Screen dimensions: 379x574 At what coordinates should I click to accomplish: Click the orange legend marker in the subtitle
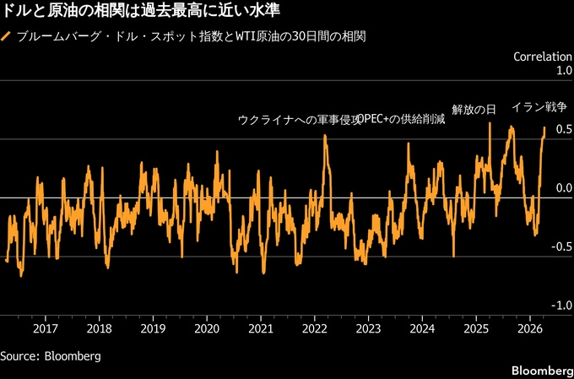tap(7, 37)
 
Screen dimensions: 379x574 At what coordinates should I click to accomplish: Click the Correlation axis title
tap(542, 57)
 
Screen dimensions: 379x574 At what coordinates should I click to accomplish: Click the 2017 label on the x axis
tap(46, 328)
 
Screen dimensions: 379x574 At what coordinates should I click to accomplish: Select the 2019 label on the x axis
tap(153, 328)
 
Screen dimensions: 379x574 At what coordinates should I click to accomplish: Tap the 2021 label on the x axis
tap(261, 328)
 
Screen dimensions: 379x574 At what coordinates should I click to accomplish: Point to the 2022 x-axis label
tap(314, 328)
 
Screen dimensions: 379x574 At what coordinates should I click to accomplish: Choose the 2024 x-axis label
tap(422, 328)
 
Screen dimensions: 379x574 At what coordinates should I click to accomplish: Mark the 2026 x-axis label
tap(529, 328)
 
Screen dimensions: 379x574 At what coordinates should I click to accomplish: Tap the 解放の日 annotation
tap(474, 109)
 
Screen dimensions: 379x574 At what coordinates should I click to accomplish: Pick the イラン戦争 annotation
tap(539, 108)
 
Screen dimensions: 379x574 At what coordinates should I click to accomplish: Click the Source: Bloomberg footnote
tap(51, 356)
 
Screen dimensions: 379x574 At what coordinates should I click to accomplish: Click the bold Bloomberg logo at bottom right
tap(541, 371)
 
